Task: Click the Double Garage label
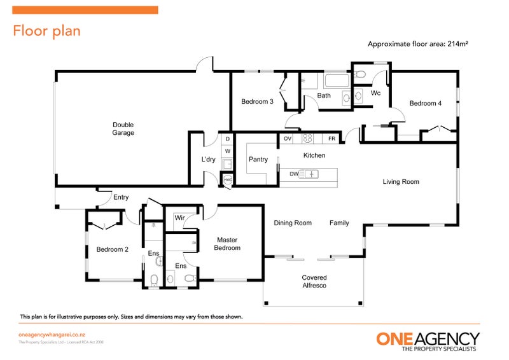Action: (x=123, y=128)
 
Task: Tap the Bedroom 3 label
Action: (x=257, y=101)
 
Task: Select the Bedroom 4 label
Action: (x=425, y=103)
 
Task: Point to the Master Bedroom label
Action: (x=227, y=244)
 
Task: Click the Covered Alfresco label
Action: (x=314, y=282)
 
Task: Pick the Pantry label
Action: (x=258, y=159)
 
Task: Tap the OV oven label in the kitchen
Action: (x=288, y=138)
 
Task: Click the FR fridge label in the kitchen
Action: (x=331, y=138)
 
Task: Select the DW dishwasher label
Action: (x=294, y=174)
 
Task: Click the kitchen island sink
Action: (x=311, y=174)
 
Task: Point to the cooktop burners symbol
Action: (x=307, y=138)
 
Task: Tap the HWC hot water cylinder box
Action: (x=228, y=181)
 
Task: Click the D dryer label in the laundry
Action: (x=227, y=139)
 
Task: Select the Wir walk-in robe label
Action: (x=179, y=218)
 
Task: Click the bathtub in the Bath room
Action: (x=336, y=81)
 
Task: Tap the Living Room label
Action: (x=400, y=182)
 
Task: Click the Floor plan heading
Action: (x=46, y=31)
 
